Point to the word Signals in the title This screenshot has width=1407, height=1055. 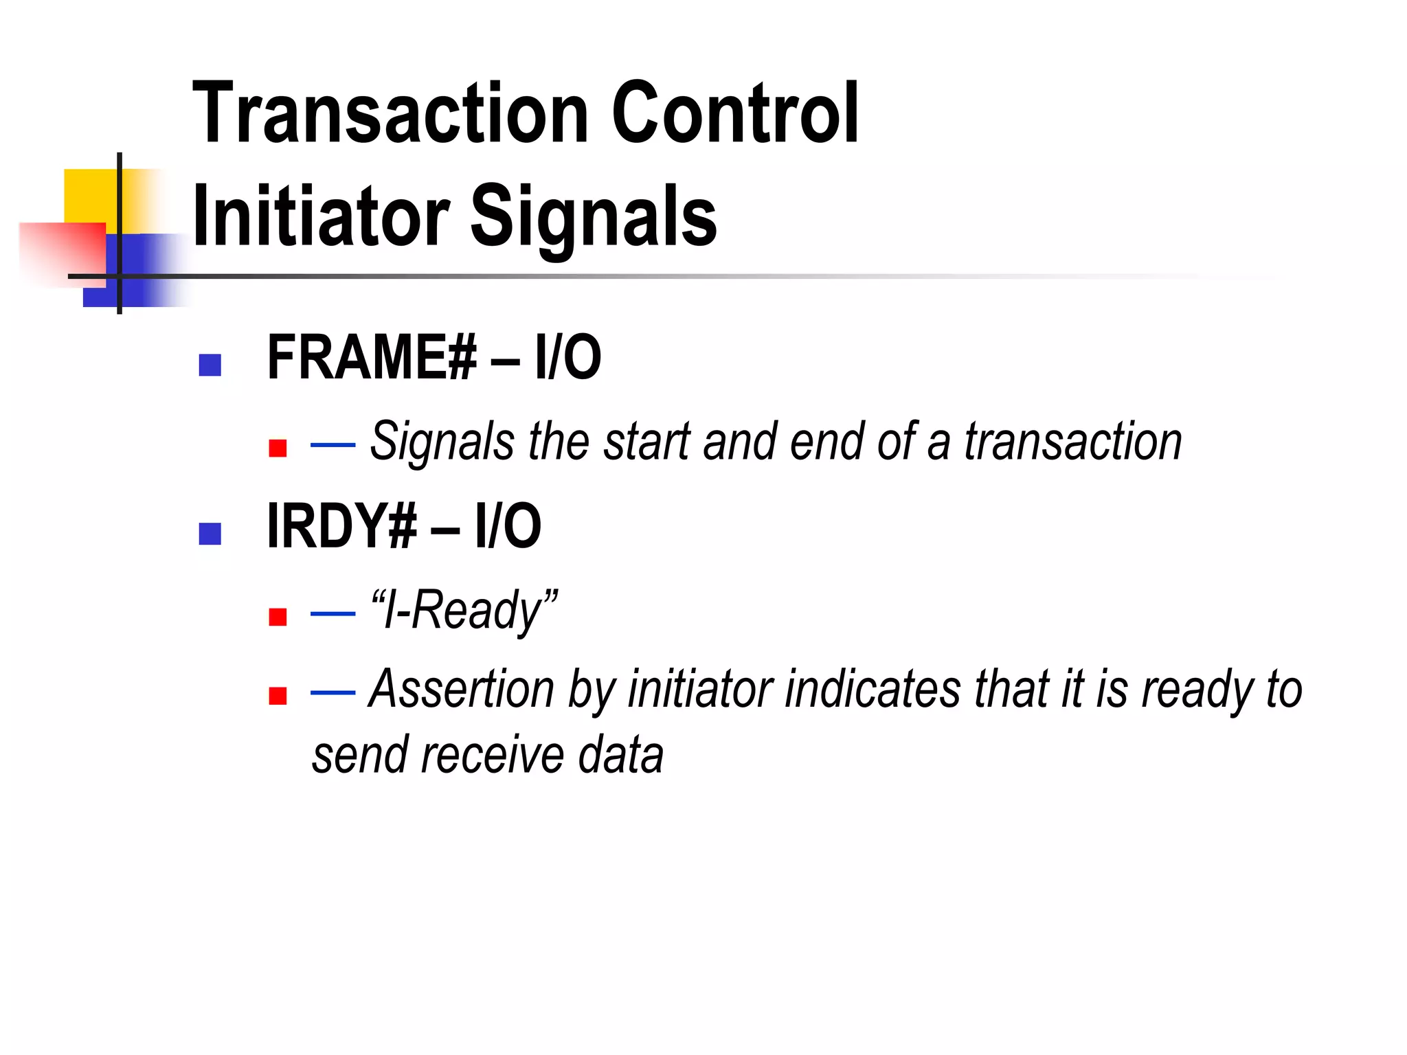[x=593, y=218]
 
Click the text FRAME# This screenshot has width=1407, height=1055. [x=371, y=357]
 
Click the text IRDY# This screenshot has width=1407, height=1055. [x=341, y=526]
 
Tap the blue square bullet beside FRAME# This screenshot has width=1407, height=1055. [x=210, y=365]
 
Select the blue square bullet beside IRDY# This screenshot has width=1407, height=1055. [x=210, y=534]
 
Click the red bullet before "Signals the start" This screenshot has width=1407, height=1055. [x=278, y=449]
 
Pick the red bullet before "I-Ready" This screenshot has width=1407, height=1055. [x=278, y=617]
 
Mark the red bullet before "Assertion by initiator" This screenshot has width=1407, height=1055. [x=278, y=696]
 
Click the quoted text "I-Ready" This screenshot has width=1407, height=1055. [x=464, y=610]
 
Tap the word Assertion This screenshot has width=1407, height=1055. [x=461, y=689]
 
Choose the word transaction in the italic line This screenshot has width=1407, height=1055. [x=1073, y=442]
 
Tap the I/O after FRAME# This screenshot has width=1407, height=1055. [x=567, y=357]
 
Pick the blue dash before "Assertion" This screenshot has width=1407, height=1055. [x=333, y=692]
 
